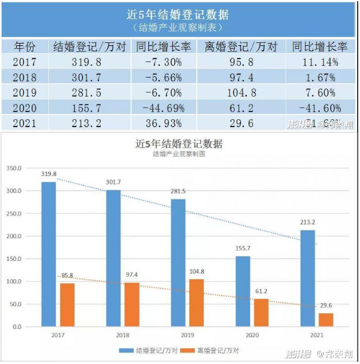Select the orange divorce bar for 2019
point(196,303)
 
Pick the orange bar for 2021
point(326,320)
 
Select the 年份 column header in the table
point(24,47)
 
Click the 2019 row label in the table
point(24,92)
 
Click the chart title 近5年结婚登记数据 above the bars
point(179,144)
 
